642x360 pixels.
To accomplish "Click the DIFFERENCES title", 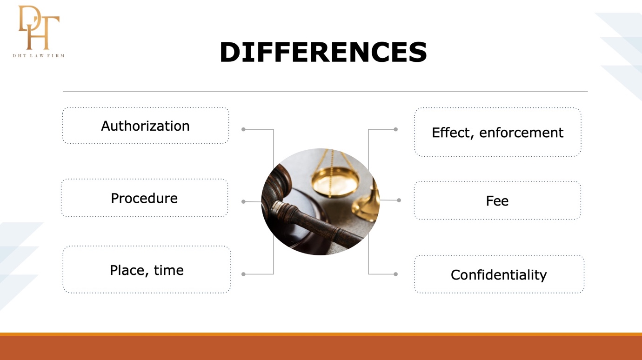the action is point(323,52).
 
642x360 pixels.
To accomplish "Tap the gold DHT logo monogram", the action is point(39,27).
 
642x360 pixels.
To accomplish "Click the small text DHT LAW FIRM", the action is point(39,56).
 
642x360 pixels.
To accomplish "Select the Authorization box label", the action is point(145,126).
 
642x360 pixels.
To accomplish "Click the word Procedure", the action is point(144,198).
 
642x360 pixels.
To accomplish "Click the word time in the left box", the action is point(168,270).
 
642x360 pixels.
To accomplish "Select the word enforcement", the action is point(522,133).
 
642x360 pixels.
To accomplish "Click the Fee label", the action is point(497,200).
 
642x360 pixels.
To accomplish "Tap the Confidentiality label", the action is point(499,275).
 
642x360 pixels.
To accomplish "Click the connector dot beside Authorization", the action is point(243,129).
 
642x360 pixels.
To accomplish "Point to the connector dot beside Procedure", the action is point(243,201).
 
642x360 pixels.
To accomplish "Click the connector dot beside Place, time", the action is point(243,274).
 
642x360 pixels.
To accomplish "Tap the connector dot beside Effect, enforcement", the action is point(395,129).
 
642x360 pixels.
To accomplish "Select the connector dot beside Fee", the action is point(399,200).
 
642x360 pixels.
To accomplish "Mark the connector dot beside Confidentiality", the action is point(395,274).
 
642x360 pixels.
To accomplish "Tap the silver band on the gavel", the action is point(277,207).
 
